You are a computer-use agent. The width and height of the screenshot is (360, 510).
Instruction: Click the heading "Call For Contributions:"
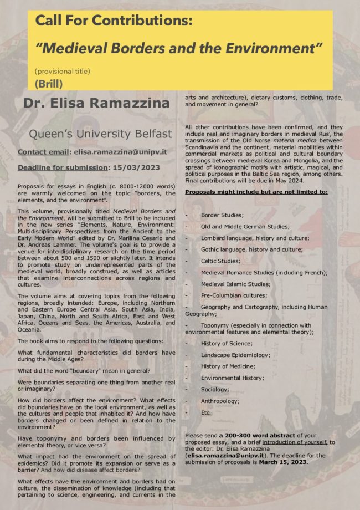[x=114, y=22]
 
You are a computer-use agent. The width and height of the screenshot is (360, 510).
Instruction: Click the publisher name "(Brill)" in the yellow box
[x=48, y=84]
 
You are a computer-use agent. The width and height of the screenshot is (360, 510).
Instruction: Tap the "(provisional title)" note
[x=62, y=72]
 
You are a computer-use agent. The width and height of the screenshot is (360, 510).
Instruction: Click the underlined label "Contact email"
[x=43, y=151]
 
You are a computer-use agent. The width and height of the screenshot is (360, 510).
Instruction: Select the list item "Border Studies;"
[x=222, y=215]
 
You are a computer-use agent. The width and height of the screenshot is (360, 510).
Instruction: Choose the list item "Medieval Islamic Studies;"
[x=235, y=284]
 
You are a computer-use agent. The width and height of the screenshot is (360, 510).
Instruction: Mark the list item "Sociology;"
[x=215, y=390]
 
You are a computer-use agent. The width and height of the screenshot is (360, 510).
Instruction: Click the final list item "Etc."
[x=206, y=412]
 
